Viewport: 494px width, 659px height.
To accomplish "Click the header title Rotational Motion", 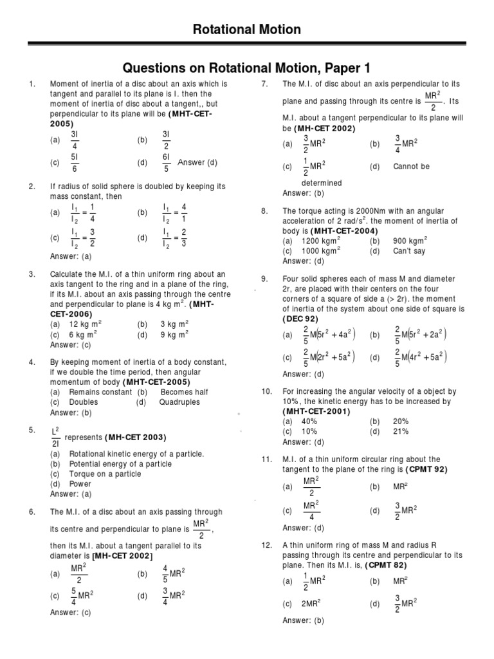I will (x=247, y=30).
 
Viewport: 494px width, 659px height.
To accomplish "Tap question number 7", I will (x=264, y=84).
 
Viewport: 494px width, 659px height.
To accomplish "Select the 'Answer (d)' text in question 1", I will (x=199, y=163).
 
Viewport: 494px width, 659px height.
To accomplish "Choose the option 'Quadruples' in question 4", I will (x=179, y=402).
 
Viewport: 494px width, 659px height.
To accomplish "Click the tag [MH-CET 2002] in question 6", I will (x=122, y=556).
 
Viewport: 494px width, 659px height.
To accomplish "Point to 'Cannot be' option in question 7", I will (x=411, y=167).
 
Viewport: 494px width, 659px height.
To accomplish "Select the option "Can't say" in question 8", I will (x=409, y=251).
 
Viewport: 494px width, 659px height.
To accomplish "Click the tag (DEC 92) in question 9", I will (x=302, y=320).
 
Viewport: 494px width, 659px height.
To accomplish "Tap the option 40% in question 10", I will (x=310, y=422).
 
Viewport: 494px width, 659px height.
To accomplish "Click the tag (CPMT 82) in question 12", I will (x=386, y=565).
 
